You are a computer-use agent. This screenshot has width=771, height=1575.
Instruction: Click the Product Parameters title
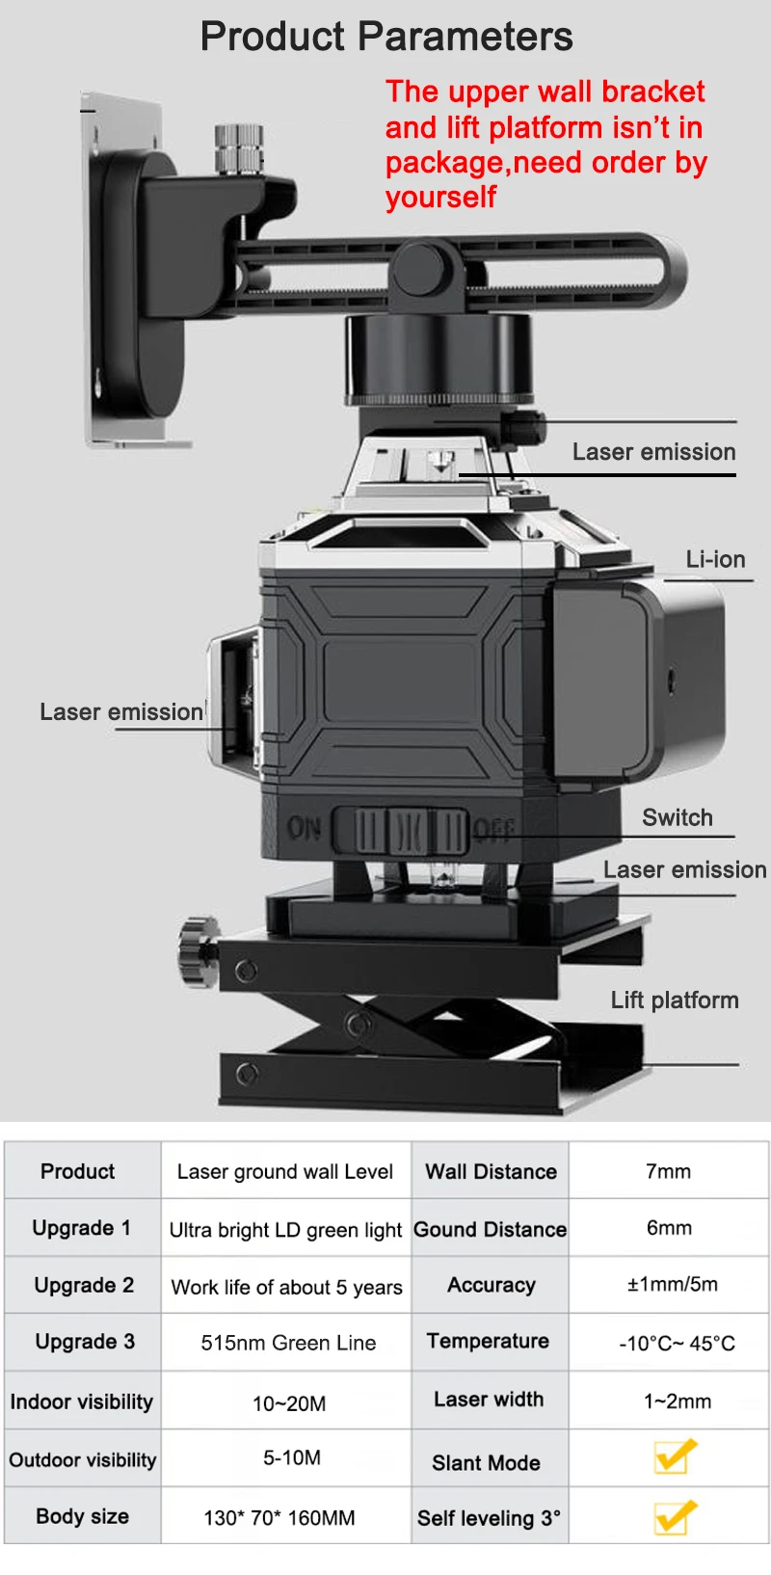point(386,37)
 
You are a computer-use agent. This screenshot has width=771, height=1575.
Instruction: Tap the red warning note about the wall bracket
point(546,145)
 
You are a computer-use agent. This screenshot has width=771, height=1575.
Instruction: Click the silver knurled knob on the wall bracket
point(239,148)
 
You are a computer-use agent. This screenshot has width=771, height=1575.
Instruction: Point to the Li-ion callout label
point(715,560)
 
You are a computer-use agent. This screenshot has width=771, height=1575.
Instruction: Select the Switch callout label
point(678,817)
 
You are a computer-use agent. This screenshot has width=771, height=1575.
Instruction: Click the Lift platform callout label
point(675,1000)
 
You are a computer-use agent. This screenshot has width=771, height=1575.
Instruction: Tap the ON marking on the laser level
point(304,828)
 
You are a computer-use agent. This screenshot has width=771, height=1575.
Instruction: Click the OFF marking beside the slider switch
point(493,830)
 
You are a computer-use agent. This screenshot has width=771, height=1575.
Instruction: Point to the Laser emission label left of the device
point(121,711)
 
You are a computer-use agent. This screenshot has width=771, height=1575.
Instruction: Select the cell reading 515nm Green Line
point(288,1343)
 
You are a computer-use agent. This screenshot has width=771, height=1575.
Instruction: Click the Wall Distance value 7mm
point(669,1171)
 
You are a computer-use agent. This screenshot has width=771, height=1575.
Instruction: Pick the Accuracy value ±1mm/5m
point(673,1285)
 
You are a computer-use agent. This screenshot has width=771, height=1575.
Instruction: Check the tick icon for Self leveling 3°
point(675,1516)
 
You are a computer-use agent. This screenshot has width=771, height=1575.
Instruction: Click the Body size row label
point(82,1516)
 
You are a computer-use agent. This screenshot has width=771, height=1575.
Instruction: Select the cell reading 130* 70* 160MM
point(279,1517)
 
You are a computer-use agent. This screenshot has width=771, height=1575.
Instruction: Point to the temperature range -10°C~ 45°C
point(677,1343)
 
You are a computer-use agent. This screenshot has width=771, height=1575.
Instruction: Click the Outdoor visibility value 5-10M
point(292,1457)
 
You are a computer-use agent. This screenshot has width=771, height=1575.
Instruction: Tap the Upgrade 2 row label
point(85,1285)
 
